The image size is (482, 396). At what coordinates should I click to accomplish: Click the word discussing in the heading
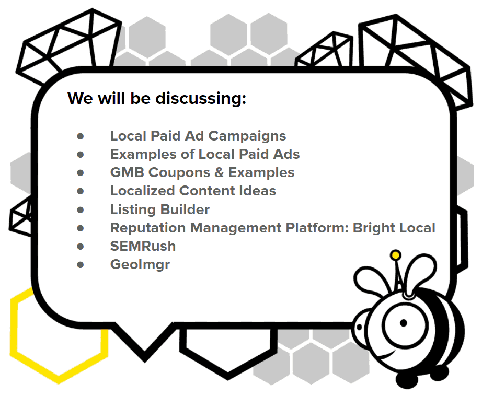[201, 99]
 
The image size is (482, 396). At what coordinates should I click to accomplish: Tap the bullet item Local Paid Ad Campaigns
[198, 136]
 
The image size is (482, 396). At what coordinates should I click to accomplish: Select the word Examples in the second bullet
[143, 155]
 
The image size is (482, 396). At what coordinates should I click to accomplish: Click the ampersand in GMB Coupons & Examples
[219, 172]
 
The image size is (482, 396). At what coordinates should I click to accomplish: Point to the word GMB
[127, 172]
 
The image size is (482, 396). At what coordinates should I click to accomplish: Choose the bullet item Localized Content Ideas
[193, 191]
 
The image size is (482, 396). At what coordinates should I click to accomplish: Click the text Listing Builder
[160, 209]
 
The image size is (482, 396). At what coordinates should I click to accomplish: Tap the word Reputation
[148, 228]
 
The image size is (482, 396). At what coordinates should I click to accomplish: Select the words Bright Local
[394, 228]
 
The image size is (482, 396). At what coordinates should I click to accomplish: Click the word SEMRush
[143, 246]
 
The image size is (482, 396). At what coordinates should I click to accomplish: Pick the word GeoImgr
[140, 265]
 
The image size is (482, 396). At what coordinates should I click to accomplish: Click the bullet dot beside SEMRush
[81, 247]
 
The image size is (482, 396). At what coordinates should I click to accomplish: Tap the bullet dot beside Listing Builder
[81, 210]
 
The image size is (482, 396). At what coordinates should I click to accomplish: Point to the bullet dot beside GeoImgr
[81, 265]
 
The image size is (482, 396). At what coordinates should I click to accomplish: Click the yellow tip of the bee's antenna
[396, 255]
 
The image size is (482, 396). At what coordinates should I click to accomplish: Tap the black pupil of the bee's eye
[404, 323]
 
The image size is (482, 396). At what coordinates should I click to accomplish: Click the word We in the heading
[80, 99]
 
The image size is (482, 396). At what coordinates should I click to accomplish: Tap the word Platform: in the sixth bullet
[317, 228]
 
